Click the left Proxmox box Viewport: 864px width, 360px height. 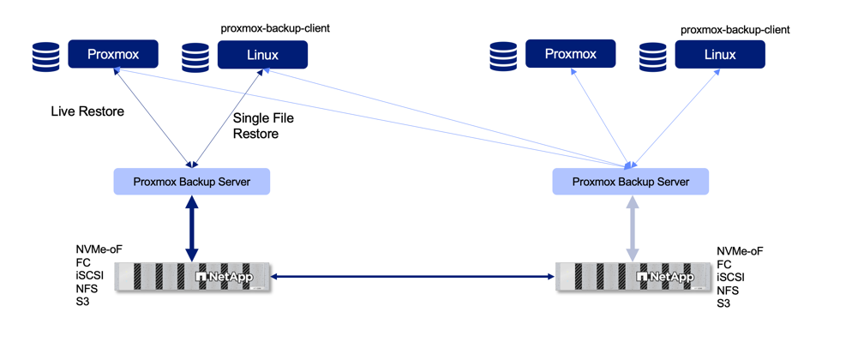[113, 55]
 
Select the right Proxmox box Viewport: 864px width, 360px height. [570, 54]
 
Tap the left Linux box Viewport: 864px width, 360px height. [262, 56]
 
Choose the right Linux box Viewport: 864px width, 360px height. [719, 55]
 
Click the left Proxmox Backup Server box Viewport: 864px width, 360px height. [191, 182]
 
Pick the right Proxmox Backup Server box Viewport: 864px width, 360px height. [631, 182]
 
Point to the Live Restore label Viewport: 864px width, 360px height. [87, 111]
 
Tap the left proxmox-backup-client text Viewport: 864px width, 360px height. [275, 28]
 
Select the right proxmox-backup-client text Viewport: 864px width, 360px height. [735, 30]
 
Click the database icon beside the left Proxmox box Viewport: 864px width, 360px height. [46, 57]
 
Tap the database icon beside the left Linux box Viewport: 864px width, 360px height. [195, 57]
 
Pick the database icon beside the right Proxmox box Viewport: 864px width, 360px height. [504, 57]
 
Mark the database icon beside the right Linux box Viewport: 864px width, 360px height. [653, 57]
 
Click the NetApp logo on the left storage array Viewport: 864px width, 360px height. [225, 277]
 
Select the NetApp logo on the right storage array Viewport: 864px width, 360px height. [665, 277]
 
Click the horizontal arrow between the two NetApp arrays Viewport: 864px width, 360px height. [412, 277]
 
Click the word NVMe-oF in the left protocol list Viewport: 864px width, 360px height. [99, 249]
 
